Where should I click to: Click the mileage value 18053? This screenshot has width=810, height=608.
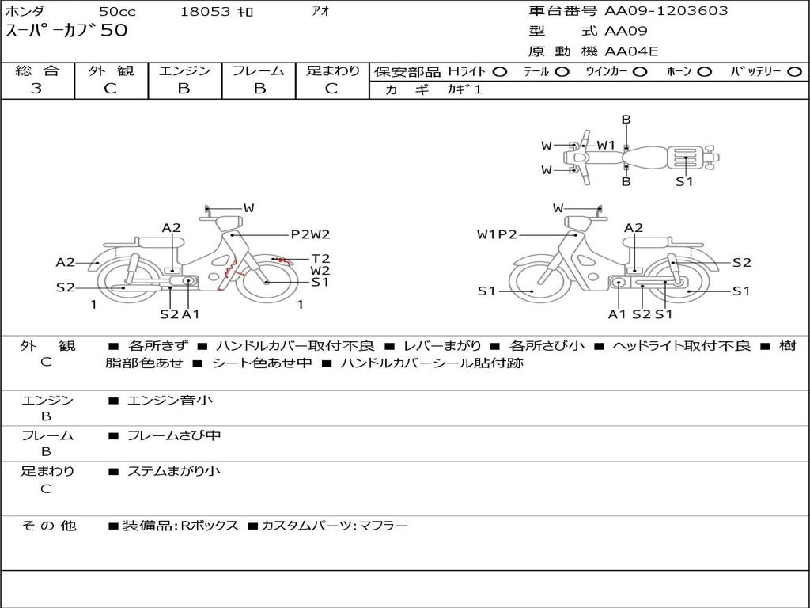click(206, 12)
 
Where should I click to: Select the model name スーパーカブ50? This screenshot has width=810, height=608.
click(66, 32)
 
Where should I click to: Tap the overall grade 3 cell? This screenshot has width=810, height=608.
click(36, 89)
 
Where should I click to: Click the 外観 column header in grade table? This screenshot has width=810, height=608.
click(111, 71)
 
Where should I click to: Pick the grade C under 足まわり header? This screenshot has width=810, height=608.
click(331, 89)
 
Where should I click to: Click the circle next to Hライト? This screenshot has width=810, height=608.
click(499, 71)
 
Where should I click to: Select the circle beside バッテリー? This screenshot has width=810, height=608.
click(794, 71)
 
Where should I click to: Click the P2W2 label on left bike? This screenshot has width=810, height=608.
click(310, 234)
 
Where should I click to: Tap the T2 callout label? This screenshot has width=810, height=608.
click(320, 258)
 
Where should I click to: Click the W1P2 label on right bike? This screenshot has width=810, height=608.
click(497, 234)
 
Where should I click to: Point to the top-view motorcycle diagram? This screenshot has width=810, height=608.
click(641, 156)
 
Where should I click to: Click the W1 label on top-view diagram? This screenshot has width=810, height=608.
click(606, 145)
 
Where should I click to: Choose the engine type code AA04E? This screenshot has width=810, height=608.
click(631, 51)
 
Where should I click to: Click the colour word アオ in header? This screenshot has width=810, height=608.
click(320, 11)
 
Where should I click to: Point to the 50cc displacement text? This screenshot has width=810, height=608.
click(117, 12)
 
